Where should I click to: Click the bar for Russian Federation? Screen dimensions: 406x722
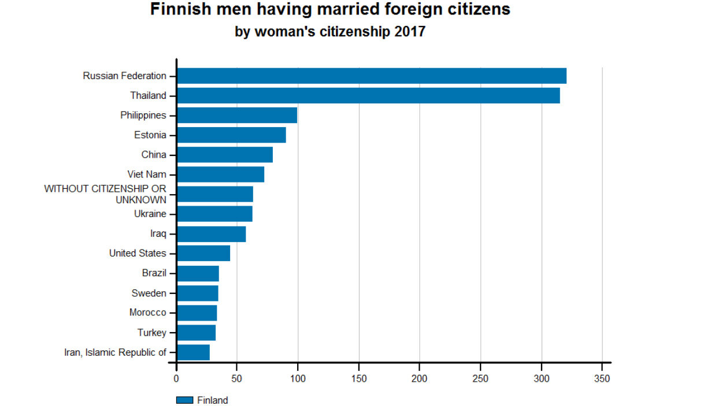(x=371, y=76)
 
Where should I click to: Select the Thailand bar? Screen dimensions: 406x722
(x=368, y=95)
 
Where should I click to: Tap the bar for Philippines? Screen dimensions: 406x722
(x=237, y=115)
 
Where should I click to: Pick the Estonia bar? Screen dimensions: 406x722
(x=231, y=135)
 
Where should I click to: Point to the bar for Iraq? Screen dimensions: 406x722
(x=212, y=234)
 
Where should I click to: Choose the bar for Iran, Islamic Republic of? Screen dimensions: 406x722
(x=193, y=352)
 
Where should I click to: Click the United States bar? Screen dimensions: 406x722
(x=203, y=254)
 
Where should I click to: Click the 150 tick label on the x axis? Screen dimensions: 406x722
(x=359, y=379)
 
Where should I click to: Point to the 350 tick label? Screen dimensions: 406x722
(x=602, y=379)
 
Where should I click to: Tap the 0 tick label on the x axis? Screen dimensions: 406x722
(x=176, y=379)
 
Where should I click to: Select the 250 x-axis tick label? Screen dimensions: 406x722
(x=480, y=379)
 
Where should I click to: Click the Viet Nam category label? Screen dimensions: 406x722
(x=147, y=174)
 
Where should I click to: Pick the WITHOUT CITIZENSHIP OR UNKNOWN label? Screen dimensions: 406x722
(x=105, y=194)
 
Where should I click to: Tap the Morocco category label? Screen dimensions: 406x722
(x=148, y=312)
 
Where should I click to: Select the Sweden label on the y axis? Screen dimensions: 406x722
(x=149, y=293)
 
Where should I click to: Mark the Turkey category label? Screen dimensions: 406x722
(x=152, y=333)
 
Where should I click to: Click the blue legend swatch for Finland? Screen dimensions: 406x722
(x=184, y=400)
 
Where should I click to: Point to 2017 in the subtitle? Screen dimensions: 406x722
(x=409, y=32)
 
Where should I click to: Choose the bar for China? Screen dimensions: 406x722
(x=225, y=155)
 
